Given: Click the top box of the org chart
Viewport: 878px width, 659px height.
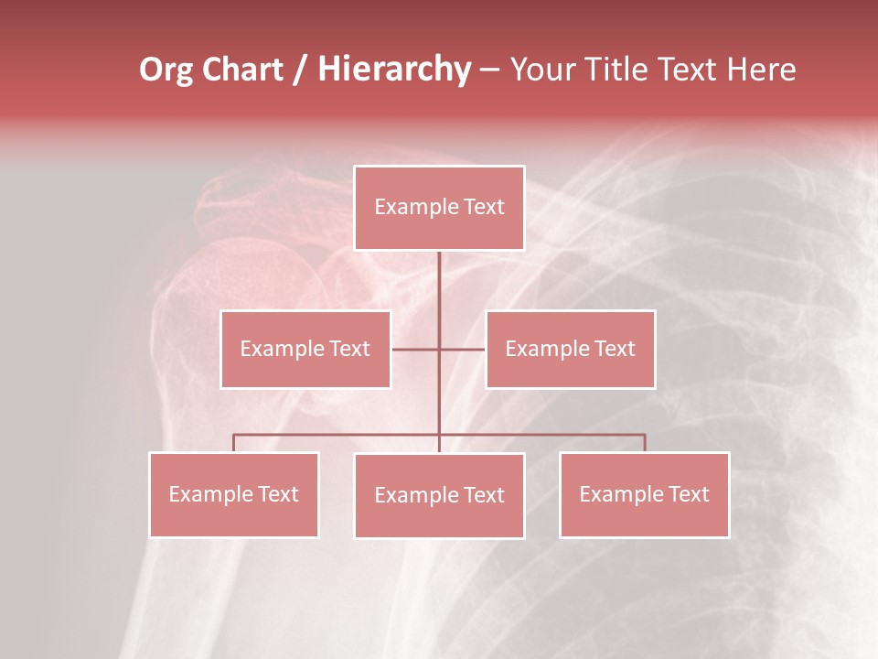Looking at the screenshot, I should tap(439, 208).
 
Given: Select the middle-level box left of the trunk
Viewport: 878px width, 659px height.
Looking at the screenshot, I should tap(305, 349).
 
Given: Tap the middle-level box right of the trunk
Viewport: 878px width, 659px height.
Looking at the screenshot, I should tap(570, 349).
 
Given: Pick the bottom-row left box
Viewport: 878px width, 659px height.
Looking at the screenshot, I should tap(233, 494).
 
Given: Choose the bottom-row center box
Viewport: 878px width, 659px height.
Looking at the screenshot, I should tap(439, 495).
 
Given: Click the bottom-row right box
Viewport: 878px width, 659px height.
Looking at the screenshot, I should tap(644, 494).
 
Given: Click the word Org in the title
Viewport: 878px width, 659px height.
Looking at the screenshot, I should tap(166, 70).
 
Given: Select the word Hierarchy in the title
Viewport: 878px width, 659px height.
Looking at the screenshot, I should tap(394, 70).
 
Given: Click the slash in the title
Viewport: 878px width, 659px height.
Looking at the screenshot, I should tap(300, 70).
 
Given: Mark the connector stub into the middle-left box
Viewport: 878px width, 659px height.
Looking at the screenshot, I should tap(414, 349).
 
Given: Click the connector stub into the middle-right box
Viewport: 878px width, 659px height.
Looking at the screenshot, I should tap(463, 349).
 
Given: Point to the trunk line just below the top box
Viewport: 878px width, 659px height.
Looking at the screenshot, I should tap(439, 275).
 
